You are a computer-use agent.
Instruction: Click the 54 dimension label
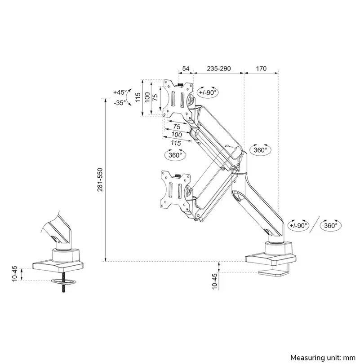[x=186, y=69]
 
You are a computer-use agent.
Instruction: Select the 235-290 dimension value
[x=218, y=69]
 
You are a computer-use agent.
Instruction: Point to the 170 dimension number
[x=261, y=69]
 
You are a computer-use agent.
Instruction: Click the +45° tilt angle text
[x=120, y=92]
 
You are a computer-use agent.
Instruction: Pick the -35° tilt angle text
[x=120, y=103]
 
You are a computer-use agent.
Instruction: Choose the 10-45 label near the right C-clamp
[x=214, y=282]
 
